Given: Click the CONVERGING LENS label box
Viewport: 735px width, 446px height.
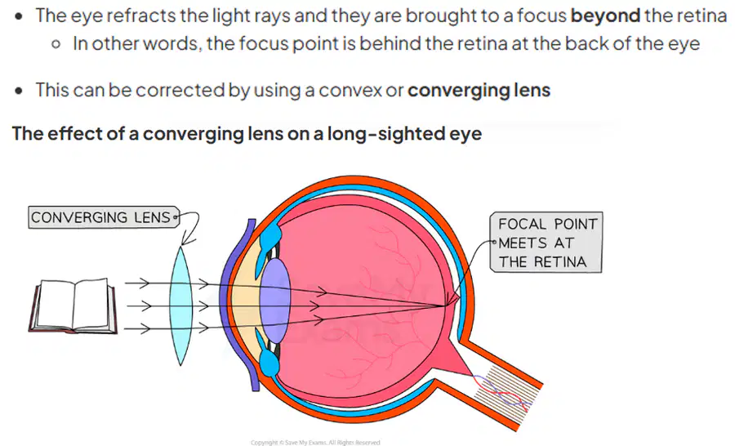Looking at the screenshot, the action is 104,217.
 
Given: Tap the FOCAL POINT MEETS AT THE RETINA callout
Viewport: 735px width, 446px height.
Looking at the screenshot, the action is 546,242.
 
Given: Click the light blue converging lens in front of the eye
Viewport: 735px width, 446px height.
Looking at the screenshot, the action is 181,306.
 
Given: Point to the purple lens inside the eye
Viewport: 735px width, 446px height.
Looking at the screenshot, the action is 274,301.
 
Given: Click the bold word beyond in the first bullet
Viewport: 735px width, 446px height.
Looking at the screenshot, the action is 605,16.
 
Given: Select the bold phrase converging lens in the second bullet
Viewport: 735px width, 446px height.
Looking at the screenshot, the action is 479,90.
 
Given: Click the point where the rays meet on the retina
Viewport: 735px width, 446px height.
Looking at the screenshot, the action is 446,306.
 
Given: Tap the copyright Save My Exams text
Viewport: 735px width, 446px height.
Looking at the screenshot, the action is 315,442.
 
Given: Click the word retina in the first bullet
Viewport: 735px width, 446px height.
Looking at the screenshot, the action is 702,16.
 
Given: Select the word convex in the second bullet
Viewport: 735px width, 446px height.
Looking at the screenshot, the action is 350,90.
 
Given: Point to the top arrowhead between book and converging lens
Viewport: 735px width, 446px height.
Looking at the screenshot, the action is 145,283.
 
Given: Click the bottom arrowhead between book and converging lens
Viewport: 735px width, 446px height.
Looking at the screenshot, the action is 145,328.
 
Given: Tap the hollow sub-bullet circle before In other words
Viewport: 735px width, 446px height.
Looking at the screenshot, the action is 56,45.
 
